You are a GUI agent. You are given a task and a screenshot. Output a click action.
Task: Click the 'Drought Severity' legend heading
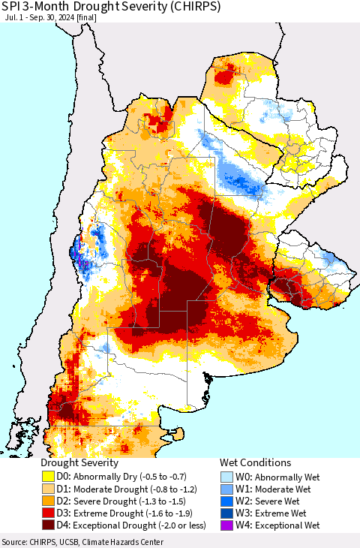tap(79, 462)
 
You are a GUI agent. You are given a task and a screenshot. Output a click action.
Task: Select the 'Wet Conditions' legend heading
tap(255, 462)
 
